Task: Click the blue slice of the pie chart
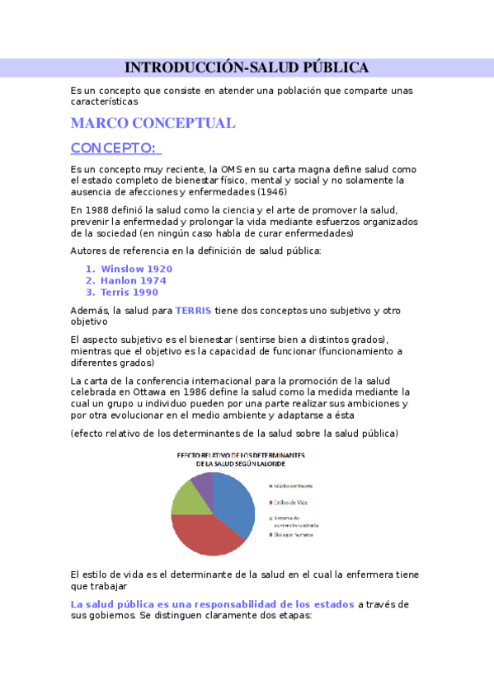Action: click(x=236, y=502)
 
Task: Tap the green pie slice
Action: click(x=187, y=498)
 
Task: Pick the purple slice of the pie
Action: click(x=203, y=481)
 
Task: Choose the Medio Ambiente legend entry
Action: click(x=293, y=486)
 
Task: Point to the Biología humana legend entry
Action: click(x=293, y=534)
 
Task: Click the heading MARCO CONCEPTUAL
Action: click(x=153, y=124)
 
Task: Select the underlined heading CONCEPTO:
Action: click(x=114, y=148)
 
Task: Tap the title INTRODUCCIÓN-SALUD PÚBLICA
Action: click(x=246, y=68)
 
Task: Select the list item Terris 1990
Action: click(x=129, y=292)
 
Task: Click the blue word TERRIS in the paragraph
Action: click(x=193, y=311)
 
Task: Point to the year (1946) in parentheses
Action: click(x=271, y=191)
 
